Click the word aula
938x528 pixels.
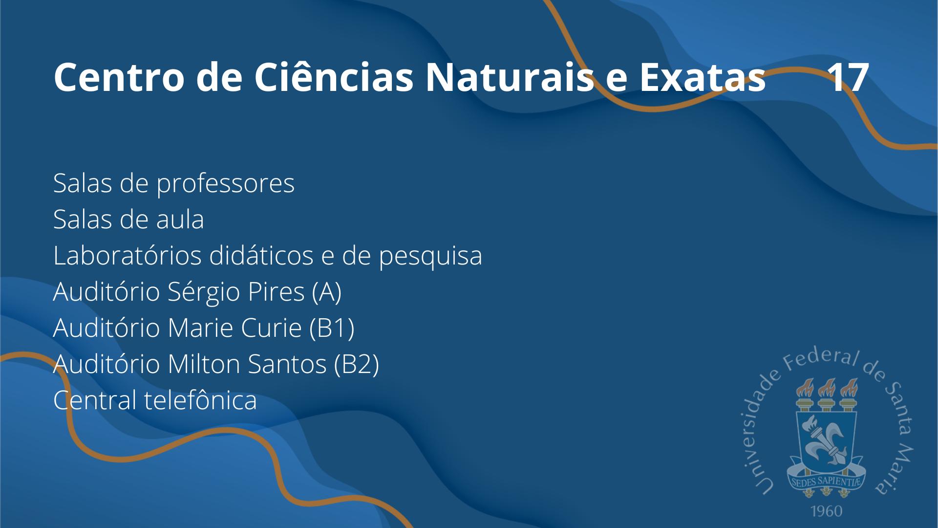[180, 219]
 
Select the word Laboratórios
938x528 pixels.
[128, 255]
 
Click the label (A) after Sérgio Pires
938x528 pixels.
[326, 292]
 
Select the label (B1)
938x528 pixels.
[332, 328]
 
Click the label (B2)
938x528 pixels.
[357, 364]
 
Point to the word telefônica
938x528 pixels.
[201, 400]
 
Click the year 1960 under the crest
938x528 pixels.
[826, 511]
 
